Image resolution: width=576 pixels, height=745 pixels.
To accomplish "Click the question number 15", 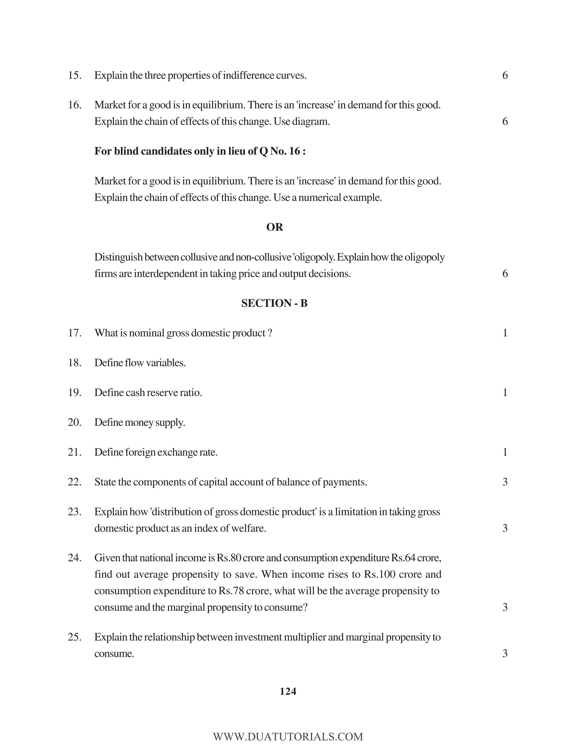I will (x=74, y=75).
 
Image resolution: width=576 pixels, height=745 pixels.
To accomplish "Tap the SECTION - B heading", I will (x=274, y=303).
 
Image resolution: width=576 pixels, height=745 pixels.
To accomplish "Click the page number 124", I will (x=288, y=691).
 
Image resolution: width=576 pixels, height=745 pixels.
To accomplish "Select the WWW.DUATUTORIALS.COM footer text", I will (x=288, y=737).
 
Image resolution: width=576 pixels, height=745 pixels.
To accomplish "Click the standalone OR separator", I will (x=274, y=227).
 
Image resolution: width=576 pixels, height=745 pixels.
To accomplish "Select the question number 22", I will (x=74, y=482).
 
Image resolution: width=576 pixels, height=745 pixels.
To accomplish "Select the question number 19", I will (x=74, y=393).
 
